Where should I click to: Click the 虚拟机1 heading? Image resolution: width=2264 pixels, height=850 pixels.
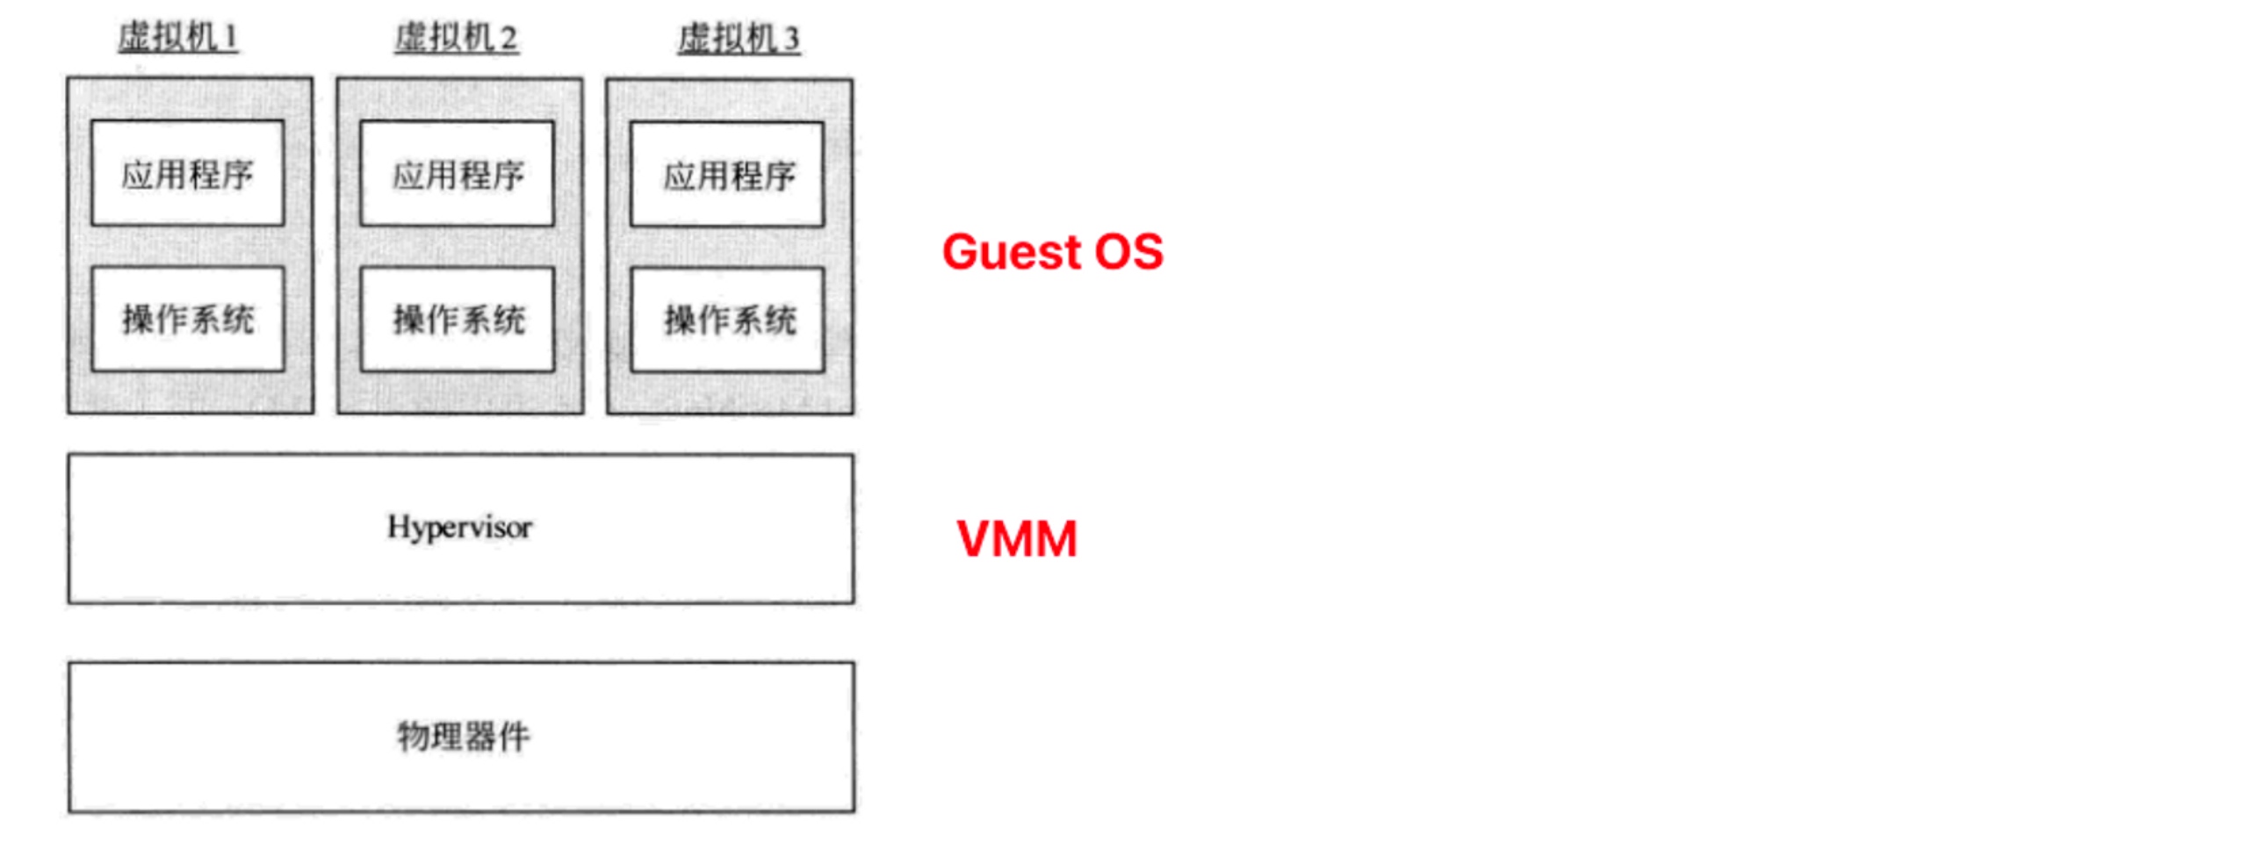click(178, 38)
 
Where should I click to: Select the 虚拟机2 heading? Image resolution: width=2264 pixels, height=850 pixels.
click(456, 38)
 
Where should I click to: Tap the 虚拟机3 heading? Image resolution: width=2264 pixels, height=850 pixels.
click(739, 39)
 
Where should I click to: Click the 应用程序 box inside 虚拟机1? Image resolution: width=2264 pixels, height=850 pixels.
click(187, 173)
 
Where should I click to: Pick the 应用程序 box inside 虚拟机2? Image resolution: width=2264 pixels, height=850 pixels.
click(457, 174)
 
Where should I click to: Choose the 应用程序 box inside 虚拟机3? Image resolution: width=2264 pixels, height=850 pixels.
click(727, 175)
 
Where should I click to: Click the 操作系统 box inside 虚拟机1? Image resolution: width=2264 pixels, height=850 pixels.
click(188, 319)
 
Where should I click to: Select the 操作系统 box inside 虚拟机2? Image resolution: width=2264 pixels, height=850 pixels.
click(458, 320)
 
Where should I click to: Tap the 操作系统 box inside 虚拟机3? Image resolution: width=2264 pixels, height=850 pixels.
click(728, 321)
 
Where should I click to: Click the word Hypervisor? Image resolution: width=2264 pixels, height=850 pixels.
click(459, 528)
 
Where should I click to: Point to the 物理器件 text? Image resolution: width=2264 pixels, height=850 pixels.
click(463, 737)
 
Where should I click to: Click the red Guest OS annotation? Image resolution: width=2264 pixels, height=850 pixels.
click(1052, 252)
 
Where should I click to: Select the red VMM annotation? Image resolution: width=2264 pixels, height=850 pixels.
click(1016, 539)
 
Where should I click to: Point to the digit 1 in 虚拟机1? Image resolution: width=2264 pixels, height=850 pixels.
click(230, 38)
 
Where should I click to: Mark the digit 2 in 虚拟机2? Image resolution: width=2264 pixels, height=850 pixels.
click(508, 39)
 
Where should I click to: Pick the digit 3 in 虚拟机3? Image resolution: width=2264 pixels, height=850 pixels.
click(791, 40)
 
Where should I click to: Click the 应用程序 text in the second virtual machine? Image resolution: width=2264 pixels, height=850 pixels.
click(458, 175)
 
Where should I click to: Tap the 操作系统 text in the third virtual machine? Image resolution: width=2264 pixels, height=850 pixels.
click(730, 320)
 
